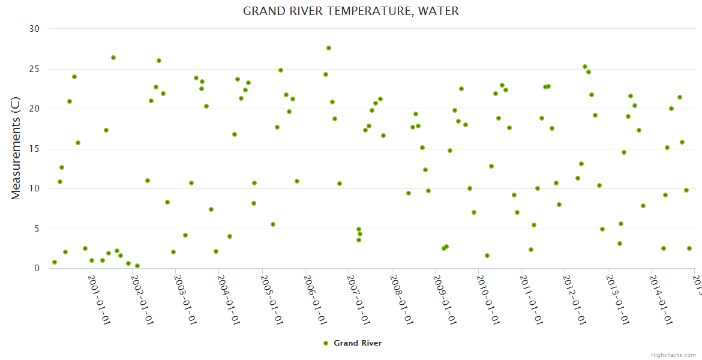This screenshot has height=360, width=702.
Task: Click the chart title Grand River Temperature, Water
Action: (x=351, y=11)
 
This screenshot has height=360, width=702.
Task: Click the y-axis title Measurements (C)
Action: (x=16, y=149)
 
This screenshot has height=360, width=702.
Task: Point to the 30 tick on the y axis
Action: (x=34, y=29)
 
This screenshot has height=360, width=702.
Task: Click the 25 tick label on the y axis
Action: (x=34, y=69)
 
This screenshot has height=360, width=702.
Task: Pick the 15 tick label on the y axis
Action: (x=34, y=149)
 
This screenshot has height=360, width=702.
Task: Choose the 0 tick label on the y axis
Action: (x=37, y=268)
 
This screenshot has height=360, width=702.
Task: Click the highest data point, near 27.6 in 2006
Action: (x=329, y=48)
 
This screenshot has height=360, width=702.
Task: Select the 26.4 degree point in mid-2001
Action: (x=113, y=58)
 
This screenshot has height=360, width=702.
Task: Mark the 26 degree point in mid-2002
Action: (x=159, y=61)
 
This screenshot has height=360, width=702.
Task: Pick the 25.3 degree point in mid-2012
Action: (x=585, y=67)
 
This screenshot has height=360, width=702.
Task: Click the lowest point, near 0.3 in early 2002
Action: (x=137, y=266)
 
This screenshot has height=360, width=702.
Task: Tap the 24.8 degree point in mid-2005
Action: (x=281, y=70)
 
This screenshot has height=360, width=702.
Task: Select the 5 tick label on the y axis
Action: (x=37, y=229)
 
